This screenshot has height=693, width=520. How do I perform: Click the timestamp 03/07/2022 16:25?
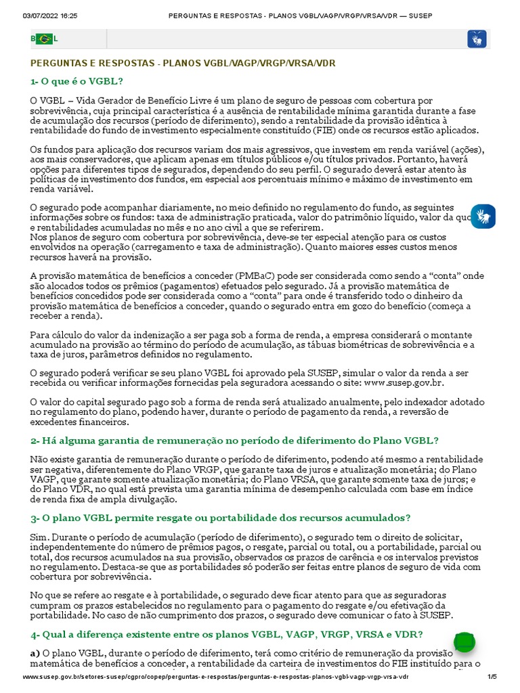(x=50, y=15)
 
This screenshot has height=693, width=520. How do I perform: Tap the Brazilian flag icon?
(x=44, y=39)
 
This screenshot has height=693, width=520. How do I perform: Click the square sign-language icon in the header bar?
(x=477, y=39)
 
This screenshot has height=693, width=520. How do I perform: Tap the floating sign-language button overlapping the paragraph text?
(x=483, y=216)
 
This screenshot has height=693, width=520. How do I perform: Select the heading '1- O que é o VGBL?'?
(x=77, y=81)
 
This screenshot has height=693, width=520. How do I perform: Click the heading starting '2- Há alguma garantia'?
(x=234, y=440)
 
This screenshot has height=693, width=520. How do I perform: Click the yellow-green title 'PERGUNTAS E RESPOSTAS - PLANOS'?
(x=183, y=63)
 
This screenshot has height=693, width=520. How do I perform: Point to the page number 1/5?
(x=492, y=677)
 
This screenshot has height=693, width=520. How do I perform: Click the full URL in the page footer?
(x=216, y=677)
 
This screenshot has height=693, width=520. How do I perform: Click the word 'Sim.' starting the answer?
(x=39, y=537)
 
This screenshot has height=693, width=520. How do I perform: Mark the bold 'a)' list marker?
(x=35, y=654)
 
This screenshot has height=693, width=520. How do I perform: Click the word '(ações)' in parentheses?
(x=467, y=150)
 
